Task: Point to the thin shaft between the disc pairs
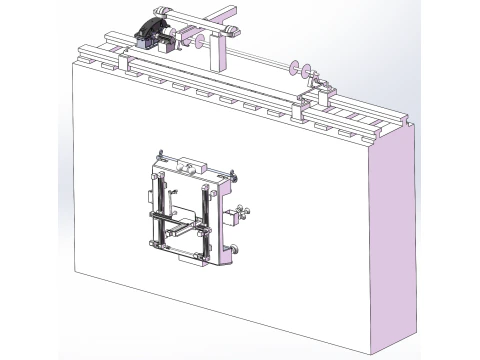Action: (x=255, y=58)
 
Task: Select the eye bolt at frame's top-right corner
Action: (x=232, y=177)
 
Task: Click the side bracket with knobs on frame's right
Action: (x=240, y=214)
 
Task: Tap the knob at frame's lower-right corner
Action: (x=234, y=249)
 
